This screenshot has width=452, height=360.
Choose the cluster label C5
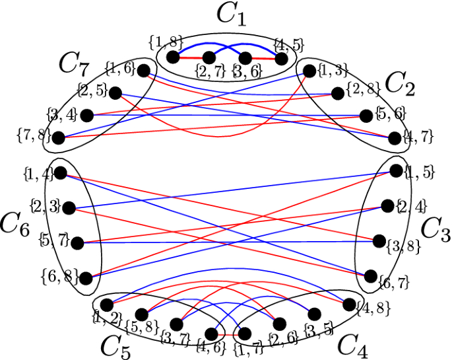coord(114,345)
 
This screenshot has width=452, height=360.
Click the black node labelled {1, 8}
coord(174,58)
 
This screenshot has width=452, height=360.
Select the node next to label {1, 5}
coord(396,170)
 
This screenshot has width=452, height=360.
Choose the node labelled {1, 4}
coord(61,173)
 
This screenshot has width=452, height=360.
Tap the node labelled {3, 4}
coord(85,115)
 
